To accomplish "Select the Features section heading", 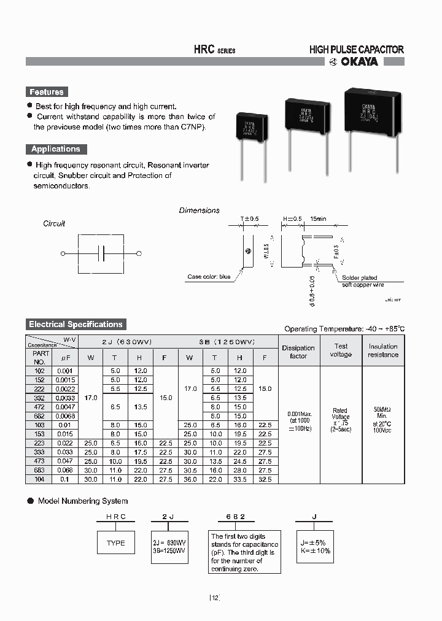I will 47,92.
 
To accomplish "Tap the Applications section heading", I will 56,149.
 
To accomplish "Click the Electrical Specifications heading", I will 76,325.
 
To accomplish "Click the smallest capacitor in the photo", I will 252,128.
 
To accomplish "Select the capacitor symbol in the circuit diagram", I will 101,253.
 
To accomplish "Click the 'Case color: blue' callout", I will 209,277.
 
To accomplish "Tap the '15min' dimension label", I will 319,219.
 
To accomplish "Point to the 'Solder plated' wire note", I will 360,278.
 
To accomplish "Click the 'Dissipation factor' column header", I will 298,352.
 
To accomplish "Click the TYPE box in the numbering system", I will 115,543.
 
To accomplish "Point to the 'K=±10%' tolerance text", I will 316,550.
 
